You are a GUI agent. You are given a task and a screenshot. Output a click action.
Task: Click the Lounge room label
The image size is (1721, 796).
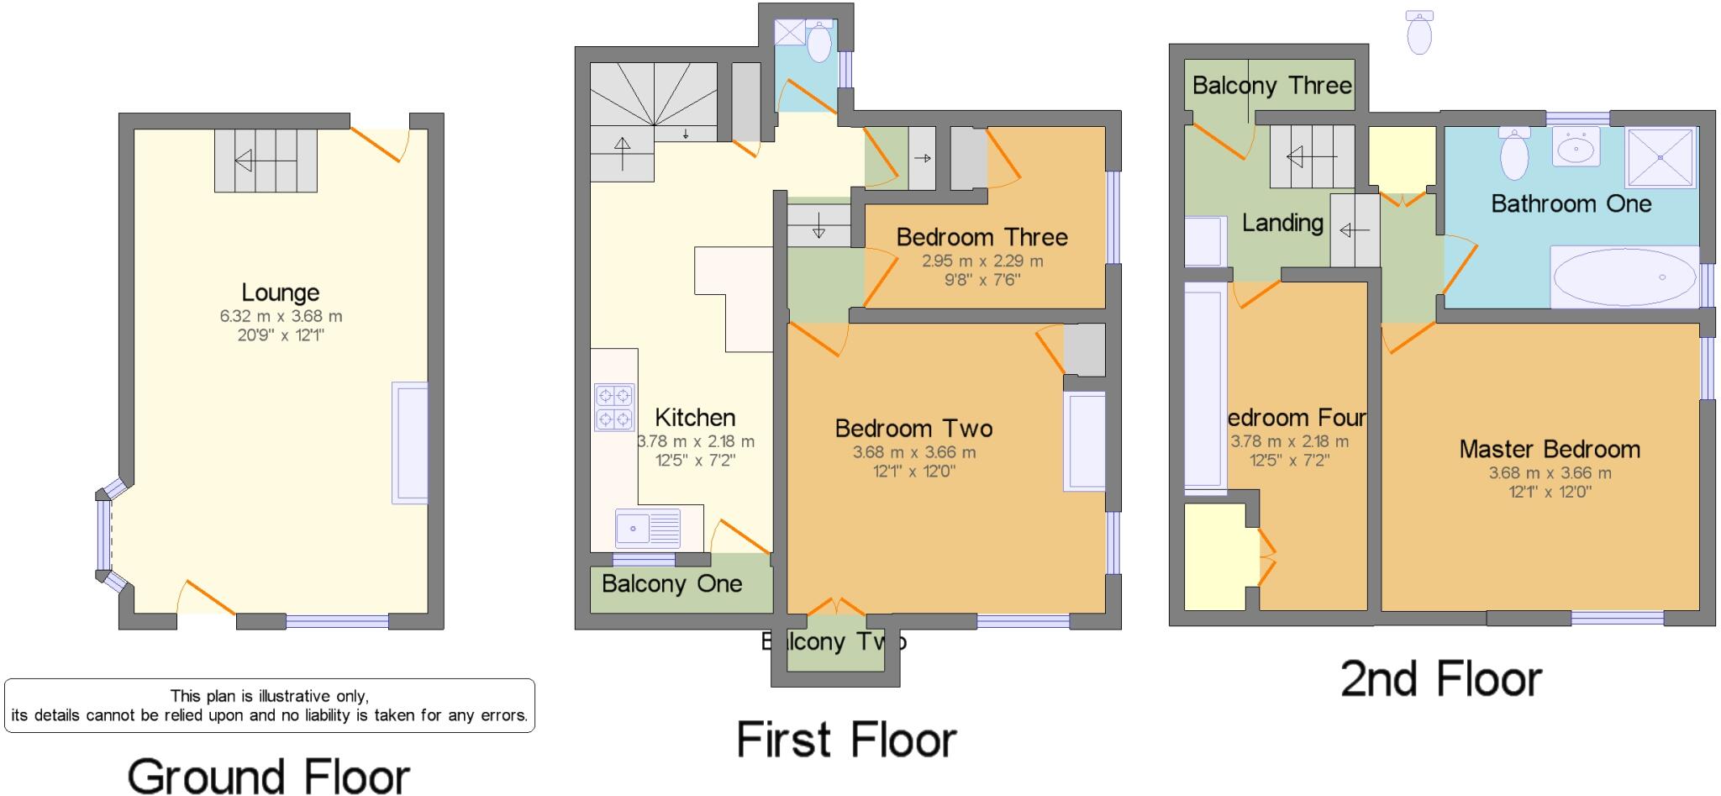click(280, 293)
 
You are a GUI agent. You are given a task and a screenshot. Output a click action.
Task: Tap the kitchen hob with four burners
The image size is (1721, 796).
click(613, 407)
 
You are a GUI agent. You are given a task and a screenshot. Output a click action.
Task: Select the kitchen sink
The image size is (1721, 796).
click(647, 529)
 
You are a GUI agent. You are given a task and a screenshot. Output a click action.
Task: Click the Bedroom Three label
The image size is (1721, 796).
click(982, 237)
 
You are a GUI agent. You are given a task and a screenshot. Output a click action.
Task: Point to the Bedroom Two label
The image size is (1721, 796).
click(913, 429)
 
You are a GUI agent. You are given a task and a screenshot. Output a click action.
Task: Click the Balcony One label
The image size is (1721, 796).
click(671, 584)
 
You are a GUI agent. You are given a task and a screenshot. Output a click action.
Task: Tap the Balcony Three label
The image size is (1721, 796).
click(1271, 85)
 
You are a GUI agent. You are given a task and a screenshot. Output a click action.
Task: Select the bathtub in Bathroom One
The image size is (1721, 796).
click(1623, 277)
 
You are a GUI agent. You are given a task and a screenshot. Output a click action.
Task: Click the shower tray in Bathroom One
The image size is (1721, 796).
click(1660, 157)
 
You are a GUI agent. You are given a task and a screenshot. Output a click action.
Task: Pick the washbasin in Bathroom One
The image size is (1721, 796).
click(1576, 149)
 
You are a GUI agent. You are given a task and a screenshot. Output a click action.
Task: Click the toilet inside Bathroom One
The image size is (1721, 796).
click(1513, 154)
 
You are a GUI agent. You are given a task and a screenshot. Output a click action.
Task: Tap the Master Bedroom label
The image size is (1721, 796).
click(1549, 449)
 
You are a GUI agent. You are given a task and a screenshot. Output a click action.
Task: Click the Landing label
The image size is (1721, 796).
click(1282, 223)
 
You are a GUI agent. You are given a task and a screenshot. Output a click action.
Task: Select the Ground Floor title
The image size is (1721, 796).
click(268, 775)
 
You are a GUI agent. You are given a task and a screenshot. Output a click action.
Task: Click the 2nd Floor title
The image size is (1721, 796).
click(1440, 678)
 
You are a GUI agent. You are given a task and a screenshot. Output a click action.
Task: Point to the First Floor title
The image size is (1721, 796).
click(846, 740)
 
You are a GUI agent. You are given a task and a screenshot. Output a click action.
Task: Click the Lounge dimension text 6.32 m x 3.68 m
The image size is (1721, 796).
click(281, 317)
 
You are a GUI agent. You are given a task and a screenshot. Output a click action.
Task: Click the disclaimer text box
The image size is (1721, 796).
click(269, 705)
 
